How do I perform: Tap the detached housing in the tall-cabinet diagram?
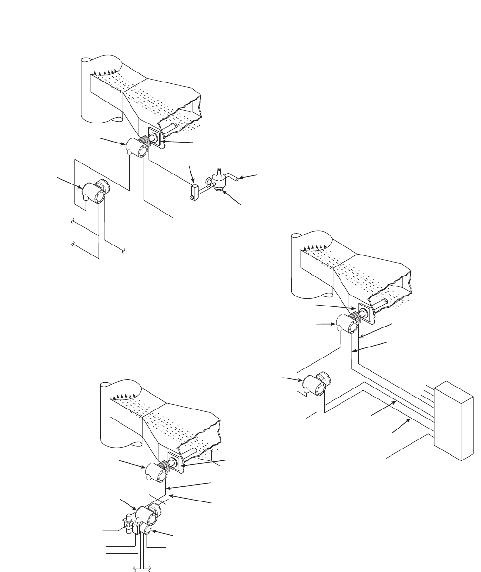coord(314,383)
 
